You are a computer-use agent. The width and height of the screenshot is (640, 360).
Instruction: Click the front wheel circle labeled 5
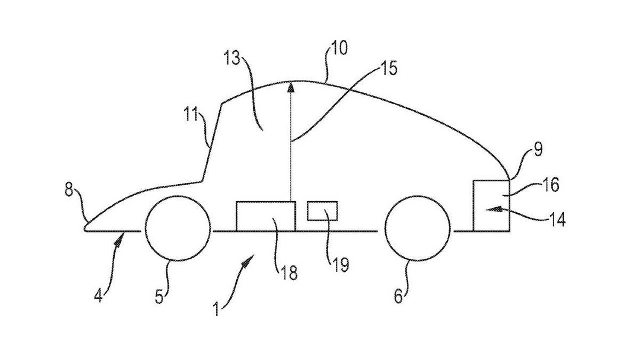coord(178,228)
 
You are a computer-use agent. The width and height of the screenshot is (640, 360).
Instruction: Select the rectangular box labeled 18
coord(265,216)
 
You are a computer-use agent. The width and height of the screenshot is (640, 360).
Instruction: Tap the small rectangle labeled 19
coord(322,211)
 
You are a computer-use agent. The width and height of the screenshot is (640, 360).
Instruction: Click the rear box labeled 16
coord(492,205)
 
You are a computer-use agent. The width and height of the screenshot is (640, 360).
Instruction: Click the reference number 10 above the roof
coord(338,49)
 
